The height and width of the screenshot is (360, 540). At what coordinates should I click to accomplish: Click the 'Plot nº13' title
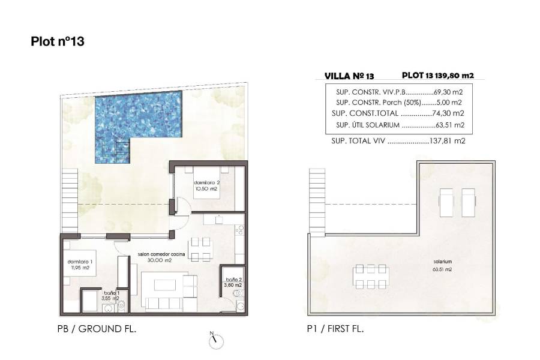click(57, 41)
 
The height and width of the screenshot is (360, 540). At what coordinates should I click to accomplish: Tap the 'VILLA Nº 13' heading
click(349, 76)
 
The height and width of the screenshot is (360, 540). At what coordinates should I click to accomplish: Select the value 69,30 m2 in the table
click(449, 92)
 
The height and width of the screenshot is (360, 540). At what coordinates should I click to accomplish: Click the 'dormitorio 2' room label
click(205, 182)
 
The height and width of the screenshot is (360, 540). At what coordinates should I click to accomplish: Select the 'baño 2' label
click(233, 280)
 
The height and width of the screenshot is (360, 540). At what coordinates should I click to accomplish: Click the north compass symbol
click(215, 340)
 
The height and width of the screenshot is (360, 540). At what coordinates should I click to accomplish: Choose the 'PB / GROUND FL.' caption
click(96, 328)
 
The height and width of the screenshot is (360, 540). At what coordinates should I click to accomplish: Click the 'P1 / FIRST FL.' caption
click(335, 328)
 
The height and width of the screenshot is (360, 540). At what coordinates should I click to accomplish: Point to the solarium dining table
click(369, 276)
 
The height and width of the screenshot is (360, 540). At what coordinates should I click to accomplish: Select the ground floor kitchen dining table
click(200, 248)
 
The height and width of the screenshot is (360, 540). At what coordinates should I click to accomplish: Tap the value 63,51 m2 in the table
click(449, 125)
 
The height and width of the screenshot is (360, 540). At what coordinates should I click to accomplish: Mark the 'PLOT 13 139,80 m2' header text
click(438, 76)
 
